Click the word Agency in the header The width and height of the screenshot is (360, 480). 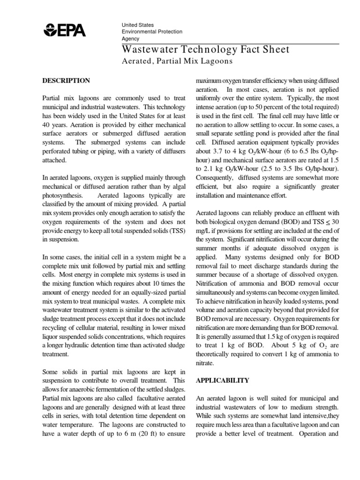tap(130, 39)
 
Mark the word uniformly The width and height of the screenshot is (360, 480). tap(211, 98)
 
